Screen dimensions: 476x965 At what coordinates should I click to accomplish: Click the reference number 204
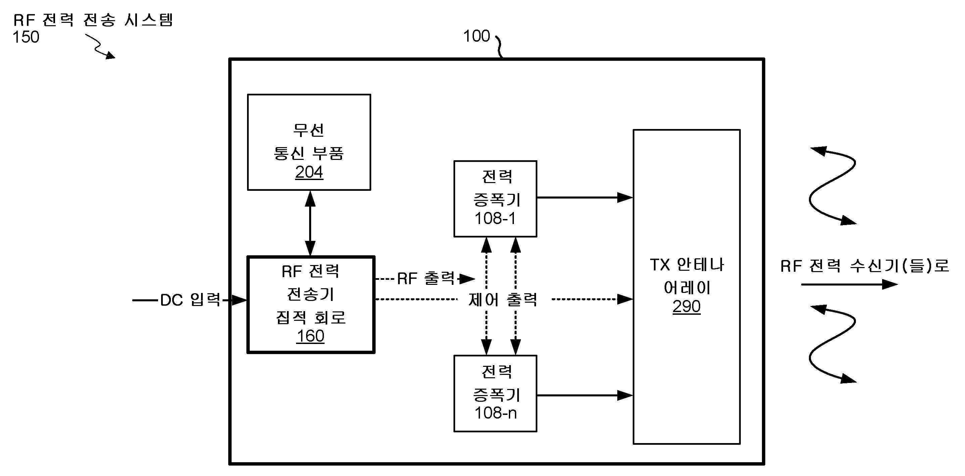click(x=309, y=172)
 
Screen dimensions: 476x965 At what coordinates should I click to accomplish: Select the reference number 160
click(x=310, y=336)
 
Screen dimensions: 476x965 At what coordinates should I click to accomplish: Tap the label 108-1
click(x=495, y=218)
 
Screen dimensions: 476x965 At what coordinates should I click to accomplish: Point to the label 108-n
click(x=495, y=413)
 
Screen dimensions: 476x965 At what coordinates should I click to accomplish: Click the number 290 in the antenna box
click(x=686, y=307)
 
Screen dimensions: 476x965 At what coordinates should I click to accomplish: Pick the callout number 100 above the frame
click(x=476, y=36)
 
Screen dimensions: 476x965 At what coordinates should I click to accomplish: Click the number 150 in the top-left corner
click(x=26, y=37)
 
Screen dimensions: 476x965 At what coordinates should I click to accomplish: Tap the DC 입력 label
click(x=190, y=300)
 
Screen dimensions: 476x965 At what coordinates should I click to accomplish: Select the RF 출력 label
click(x=426, y=278)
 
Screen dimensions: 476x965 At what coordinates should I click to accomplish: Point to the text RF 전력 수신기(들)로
click(x=865, y=266)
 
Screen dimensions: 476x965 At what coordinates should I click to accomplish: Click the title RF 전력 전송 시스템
click(x=93, y=20)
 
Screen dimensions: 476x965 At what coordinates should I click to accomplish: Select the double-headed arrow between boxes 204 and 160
click(x=310, y=223)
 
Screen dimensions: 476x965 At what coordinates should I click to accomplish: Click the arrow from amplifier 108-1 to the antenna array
click(x=584, y=198)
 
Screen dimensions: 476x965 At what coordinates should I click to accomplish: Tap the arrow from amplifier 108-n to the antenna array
click(x=584, y=395)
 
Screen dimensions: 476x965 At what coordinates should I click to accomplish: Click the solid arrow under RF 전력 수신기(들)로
click(x=849, y=285)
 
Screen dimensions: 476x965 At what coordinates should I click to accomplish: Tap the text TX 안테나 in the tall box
click(x=686, y=265)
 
